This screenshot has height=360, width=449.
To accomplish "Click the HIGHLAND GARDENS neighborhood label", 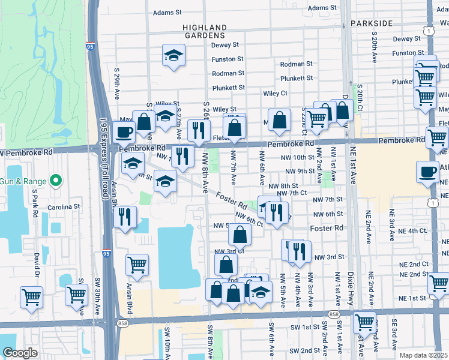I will [205, 31].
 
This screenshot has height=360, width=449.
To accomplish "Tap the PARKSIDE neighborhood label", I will [372, 23].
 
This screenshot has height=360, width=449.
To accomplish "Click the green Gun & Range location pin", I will [55, 179].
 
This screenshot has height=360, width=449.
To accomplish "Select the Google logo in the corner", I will [20, 352].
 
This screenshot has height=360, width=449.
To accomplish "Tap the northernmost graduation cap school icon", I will [173, 56].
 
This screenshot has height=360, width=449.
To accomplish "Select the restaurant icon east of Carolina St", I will [125, 217].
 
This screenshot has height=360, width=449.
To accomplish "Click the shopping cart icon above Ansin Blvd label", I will [137, 265].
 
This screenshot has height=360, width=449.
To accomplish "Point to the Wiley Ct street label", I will [276, 94].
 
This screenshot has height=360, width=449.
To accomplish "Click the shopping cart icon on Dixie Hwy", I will [364, 322].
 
